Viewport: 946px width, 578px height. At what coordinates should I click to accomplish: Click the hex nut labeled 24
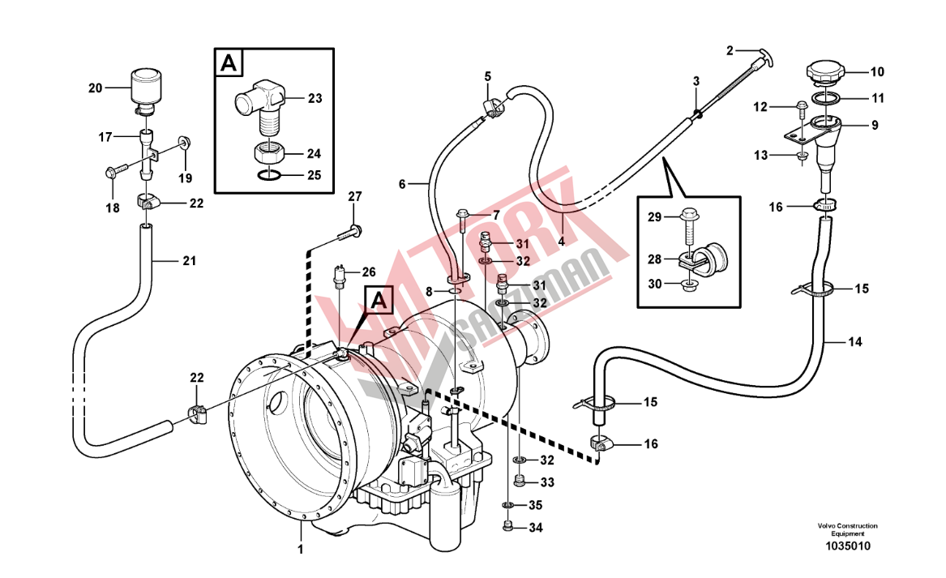tap(268, 152)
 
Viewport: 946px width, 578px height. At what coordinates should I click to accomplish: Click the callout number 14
tap(855, 342)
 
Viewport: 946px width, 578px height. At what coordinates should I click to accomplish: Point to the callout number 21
tap(189, 261)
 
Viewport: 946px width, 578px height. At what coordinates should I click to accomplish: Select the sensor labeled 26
tap(340, 277)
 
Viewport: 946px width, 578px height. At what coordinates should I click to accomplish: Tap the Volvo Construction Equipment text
tap(846, 530)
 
